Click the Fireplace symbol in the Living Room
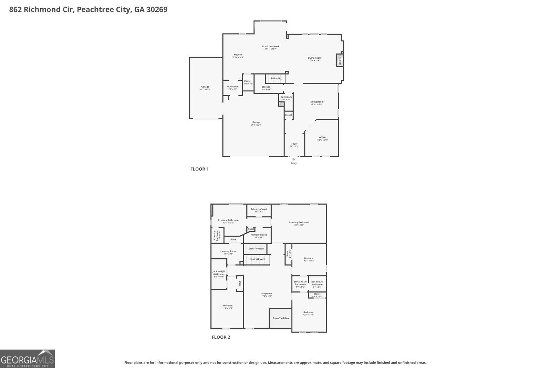(x=340, y=60)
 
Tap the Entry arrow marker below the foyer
(x=293, y=159)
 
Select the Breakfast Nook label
(x=271, y=47)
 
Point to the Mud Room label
(x=232, y=87)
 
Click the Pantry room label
(x=248, y=81)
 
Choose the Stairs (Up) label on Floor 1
(x=276, y=78)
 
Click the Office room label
(x=322, y=138)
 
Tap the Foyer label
(x=294, y=144)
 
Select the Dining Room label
(x=316, y=102)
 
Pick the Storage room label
(x=266, y=87)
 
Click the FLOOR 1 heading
(x=199, y=169)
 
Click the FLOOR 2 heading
(x=221, y=337)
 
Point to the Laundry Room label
(x=228, y=251)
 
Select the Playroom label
(x=267, y=294)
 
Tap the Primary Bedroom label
(x=299, y=222)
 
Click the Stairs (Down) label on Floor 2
(x=258, y=259)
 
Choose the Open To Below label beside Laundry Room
(x=256, y=249)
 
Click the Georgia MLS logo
(x=28, y=359)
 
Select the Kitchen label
(x=238, y=54)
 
